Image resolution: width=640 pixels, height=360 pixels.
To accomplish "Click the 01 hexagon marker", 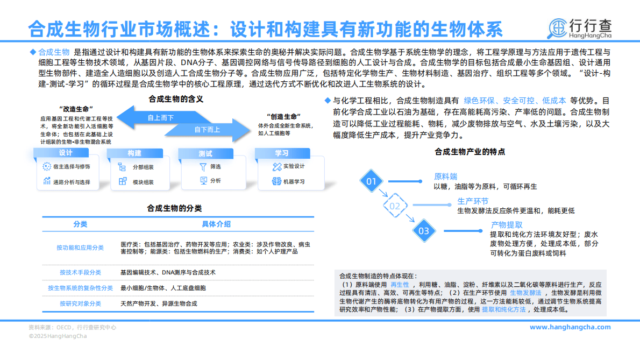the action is tap(371, 181).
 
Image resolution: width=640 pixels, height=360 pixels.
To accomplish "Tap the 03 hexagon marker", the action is tap(424, 231).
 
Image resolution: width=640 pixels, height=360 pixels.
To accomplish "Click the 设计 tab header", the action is tap(66, 153).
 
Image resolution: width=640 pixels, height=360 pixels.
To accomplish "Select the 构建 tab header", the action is tap(134, 153).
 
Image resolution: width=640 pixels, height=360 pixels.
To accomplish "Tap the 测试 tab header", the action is tap(205, 153).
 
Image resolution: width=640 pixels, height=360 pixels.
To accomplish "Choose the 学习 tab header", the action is tap(281, 153).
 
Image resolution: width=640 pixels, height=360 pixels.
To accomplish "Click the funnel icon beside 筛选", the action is tap(203, 167).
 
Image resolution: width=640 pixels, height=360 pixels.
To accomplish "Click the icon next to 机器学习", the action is tap(277, 181).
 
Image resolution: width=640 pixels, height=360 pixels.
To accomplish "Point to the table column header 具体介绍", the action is tap(216, 224).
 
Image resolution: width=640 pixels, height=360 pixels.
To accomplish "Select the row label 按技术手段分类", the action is tap(80, 272).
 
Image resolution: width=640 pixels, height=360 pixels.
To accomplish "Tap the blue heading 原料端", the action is tap(445, 177).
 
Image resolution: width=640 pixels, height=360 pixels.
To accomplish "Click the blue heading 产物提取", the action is tap(506, 225).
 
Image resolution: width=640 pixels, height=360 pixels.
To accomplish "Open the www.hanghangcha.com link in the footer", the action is tap(570, 327).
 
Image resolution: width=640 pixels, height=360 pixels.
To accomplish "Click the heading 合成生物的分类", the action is tap(175, 208).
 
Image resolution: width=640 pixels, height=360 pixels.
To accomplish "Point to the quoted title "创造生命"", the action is tap(283, 117).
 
